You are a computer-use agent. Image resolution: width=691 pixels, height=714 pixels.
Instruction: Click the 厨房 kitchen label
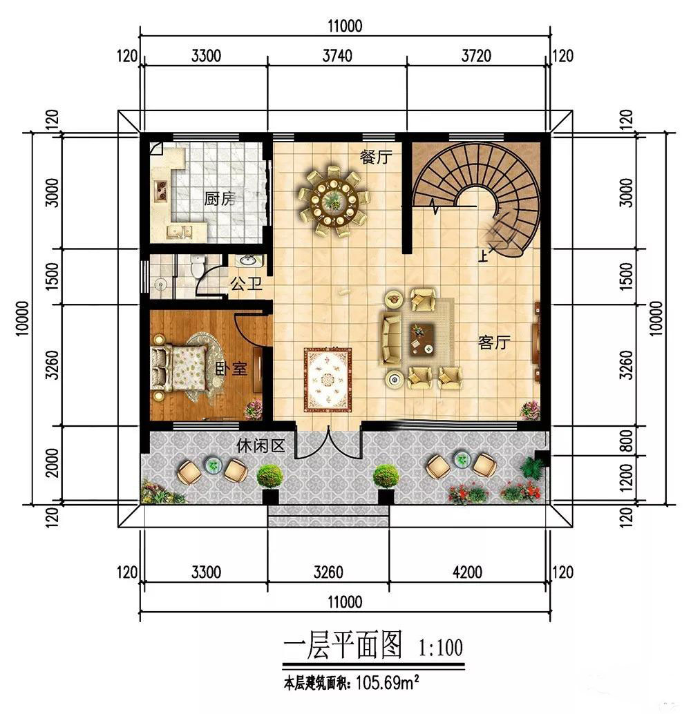click(219, 199)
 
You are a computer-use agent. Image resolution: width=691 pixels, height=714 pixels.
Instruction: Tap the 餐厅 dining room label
click(376, 157)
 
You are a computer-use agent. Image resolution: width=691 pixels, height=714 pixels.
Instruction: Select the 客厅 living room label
click(494, 342)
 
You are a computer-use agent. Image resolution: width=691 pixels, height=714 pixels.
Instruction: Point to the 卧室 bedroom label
click(231, 368)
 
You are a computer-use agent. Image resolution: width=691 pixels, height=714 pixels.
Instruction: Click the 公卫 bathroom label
click(246, 284)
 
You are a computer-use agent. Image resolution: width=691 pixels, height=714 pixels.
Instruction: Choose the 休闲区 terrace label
click(261, 445)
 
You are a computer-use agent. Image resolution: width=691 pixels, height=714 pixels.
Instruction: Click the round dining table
click(333, 200)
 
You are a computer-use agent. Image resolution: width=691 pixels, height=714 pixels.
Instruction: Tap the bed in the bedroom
click(180, 367)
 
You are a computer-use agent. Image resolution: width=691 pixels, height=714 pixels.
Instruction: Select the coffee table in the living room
click(422, 339)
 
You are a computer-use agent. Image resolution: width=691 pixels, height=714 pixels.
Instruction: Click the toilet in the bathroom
click(198, 266)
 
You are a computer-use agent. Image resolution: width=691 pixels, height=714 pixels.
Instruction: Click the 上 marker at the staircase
click(483, 256)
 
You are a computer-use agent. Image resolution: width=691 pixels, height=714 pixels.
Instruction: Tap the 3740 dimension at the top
click(337, 56)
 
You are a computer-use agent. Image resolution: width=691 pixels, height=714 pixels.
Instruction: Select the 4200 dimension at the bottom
click(467, 572)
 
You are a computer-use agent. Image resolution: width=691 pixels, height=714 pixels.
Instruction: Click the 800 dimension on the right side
click(627, 440)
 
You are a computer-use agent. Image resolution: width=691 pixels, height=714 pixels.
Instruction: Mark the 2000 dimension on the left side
click(53, 463)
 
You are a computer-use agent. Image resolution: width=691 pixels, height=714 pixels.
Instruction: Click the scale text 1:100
click(441, 647)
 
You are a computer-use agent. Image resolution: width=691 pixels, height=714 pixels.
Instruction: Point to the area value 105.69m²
click(388, 682)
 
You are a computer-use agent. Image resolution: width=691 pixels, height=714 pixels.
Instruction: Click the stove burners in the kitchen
click(160, 191)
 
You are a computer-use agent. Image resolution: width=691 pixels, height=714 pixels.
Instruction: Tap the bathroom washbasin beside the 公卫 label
click(248, 261)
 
